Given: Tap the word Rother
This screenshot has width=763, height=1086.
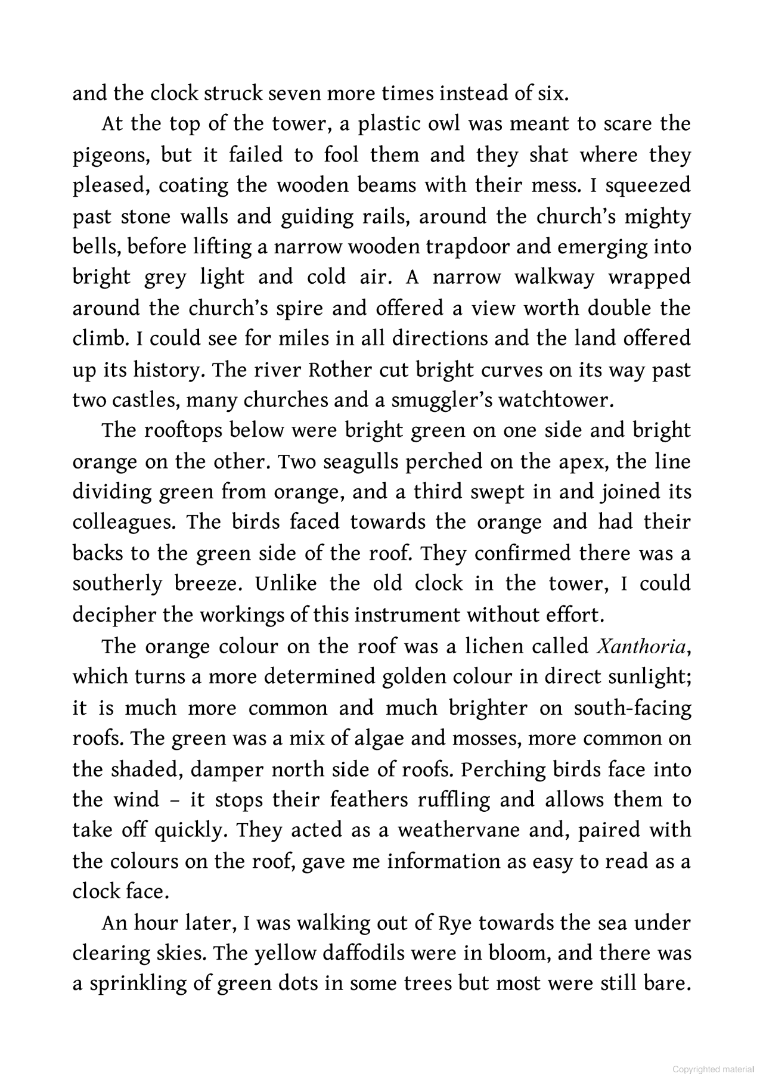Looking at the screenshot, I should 342,370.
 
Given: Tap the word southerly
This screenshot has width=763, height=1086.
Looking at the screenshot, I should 117,584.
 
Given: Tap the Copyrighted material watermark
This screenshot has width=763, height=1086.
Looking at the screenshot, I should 712,1069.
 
